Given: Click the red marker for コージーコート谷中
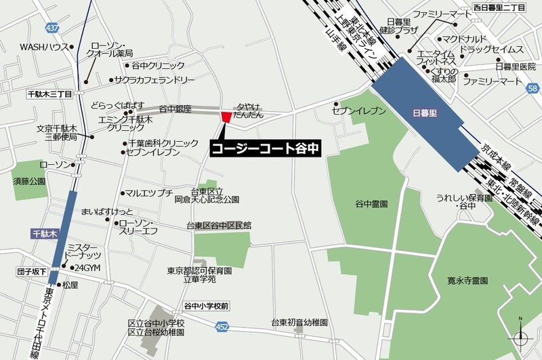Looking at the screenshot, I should point(226,117).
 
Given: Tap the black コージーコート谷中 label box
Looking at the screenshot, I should point(264,147).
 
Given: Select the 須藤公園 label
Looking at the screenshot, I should point(29,182).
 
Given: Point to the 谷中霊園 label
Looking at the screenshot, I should point(371,203).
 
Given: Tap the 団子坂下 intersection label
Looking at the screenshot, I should point(32,272).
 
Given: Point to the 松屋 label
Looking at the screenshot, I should point(70,285).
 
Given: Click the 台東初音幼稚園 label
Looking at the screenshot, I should point(299,323).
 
